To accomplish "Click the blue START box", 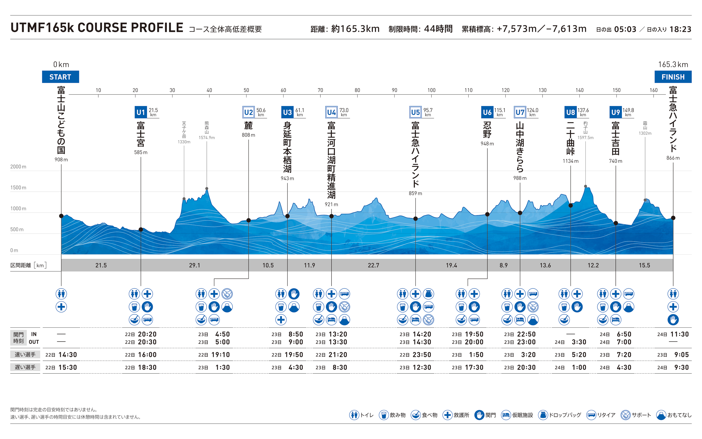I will [60, 77].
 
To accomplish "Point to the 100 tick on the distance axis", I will [431, 90].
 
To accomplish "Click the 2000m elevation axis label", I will [18, 167].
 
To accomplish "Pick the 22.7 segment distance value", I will [373, 265].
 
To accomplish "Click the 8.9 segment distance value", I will [503, 265].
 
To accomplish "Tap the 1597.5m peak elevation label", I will [585, 138].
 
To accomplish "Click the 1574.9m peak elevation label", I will [207, 138].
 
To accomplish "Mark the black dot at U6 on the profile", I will [487, 214].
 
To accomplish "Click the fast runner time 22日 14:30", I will [61, 355].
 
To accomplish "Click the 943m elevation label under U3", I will [287, 178].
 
